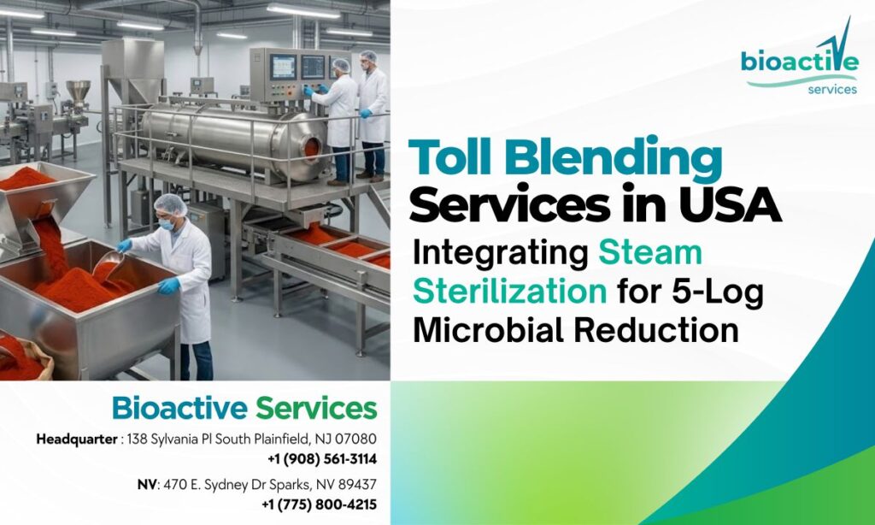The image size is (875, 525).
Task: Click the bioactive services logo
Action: (x=799, y=64)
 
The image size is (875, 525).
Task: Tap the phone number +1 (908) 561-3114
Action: (x=322, y=459)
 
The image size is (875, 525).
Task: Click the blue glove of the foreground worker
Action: (x=168, y=286)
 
